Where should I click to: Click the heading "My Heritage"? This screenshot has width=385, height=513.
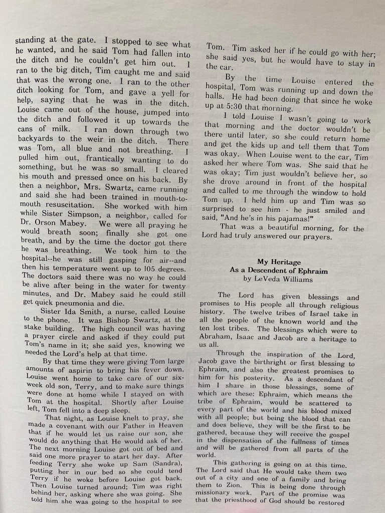pyautogui.click(x=279, y=262)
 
